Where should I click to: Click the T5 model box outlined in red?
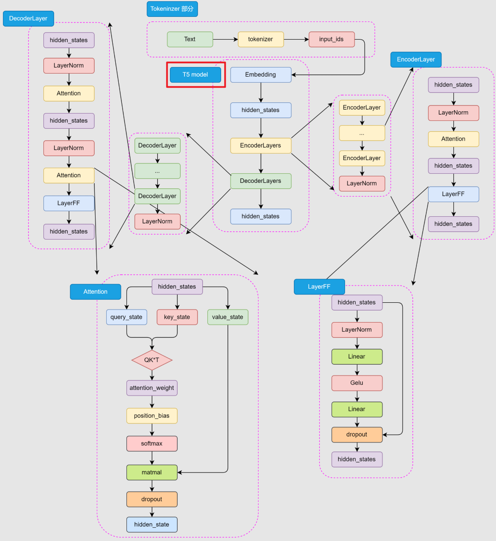click(195, 75)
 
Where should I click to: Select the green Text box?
click(190, 40)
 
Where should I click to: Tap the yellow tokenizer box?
click(261, 40)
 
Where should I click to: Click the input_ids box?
click(332, 40)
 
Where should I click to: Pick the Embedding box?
click(261, 75)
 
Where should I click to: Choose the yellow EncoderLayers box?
click(261, 146)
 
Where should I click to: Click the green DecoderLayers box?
click(261, 181)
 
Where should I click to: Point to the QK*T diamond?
click(152, 360)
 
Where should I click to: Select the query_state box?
click(126, 317)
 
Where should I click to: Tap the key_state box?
click(177, 317)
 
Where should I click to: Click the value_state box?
click(228, 317)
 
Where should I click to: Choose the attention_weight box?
click(152, 388)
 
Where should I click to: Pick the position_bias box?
click(152, 416)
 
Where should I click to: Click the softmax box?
click(152, 444)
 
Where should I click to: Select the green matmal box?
click(152, 473)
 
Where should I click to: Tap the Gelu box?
click(357, 383)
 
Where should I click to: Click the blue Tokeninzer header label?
click(172, 9)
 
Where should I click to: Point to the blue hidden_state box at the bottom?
click(152, 525)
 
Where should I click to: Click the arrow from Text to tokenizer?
click(225, 40)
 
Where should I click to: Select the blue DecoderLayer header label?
click(28, 18)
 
